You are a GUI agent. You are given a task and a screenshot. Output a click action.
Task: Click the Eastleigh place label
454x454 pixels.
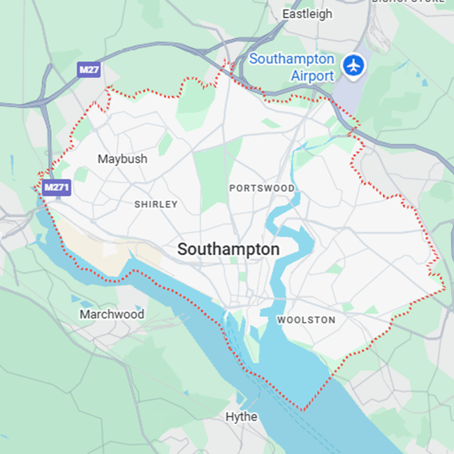pyautogui.click(x=307, y=14)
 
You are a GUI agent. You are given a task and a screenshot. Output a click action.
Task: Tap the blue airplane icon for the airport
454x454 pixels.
pyautogui.click(x=355, y=66)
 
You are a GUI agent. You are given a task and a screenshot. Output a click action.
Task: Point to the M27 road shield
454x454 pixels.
pyautogui.click(x=89, y=70)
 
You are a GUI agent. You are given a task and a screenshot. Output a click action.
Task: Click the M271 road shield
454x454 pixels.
pyautogui.click(x=57, y=188)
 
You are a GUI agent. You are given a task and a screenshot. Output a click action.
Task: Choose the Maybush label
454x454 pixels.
pyautogui.click(x=122, y=159)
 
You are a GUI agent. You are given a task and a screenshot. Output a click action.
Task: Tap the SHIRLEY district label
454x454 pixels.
pyautogui.click(x=156, y=205)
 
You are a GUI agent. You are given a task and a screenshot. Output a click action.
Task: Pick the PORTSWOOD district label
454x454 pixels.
pyautogui.click(x=262, y=189)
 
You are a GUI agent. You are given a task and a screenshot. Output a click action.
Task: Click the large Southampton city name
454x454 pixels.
pyautogui.click(x=228, y=249)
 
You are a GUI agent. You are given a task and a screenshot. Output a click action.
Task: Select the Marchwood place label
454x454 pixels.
pyautogui.click(x=112, y=314)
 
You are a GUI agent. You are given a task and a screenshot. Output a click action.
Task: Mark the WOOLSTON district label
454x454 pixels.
pyautogui.click(x=306, y=320)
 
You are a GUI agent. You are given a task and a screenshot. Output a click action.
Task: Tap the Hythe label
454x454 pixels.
pyautogui.click(x=241, y=417)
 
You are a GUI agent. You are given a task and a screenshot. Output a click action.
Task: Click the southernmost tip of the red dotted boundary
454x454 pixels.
pyautogui.click(x=303, y=410)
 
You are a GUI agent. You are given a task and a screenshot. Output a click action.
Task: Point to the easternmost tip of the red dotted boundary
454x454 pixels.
pyautogui.click(x=444, y=288)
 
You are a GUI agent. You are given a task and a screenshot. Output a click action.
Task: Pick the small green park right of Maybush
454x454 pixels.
pyautogui.click(x=165, y=144)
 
